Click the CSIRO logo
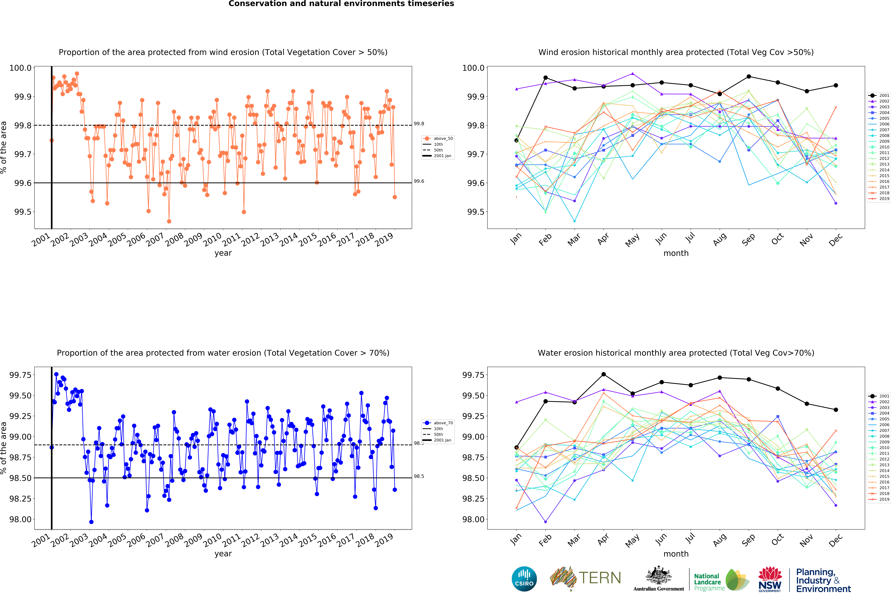[x=524, y=579]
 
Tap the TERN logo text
[x=600, y=578]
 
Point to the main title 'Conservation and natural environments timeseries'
[x=341, y=4]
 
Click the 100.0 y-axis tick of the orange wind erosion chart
[x=20, y=68]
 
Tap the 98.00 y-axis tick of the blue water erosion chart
[x=20, y=519]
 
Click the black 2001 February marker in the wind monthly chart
[x=546, y=78]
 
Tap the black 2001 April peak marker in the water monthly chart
[x=603, y=374]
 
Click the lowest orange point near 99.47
[x=169, y=221]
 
